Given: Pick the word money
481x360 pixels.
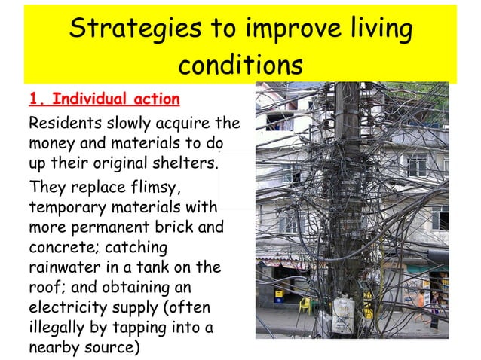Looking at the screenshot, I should [x=51, y=143].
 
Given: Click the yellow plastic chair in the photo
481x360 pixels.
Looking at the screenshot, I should [x=305, y=304].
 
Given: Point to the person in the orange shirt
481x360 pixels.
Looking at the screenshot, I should [x=421, y=301].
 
